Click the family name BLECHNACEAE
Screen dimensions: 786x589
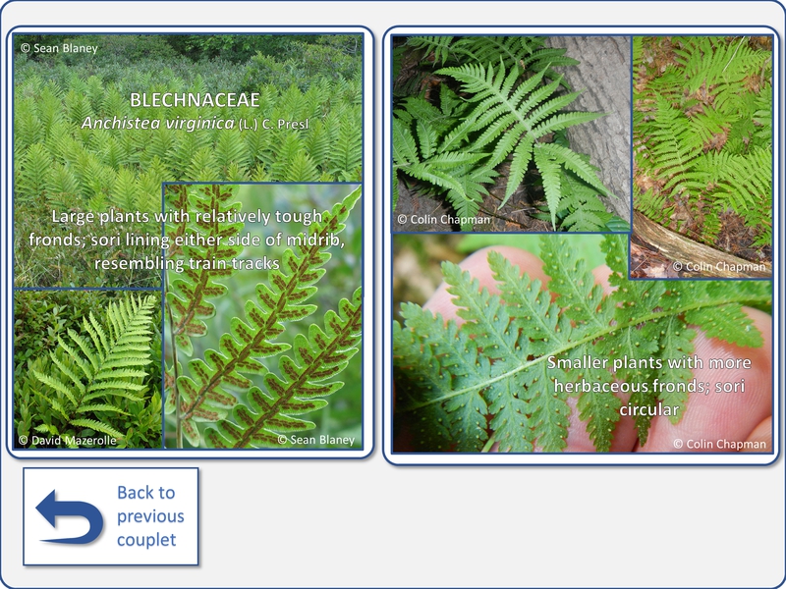click(x=195, y=100)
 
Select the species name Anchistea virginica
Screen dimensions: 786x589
click(x=158, y=124)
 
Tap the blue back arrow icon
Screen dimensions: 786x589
click(x=70, y=517)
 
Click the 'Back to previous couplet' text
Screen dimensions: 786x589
click(x=150, y=516)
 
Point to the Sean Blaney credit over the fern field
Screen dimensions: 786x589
click(x=59, y=48)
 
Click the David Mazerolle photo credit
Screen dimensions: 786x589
click(x=68, y=440)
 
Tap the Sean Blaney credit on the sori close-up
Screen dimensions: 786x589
click(x=315, y=440)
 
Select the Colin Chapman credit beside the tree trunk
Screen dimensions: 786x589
click(x=444, y=219)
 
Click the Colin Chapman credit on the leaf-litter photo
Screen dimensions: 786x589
click(x=719, y=266)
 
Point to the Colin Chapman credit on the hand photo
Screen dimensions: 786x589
click(x=720, y=444)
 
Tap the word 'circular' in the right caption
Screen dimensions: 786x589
click(x=649, y=409)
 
